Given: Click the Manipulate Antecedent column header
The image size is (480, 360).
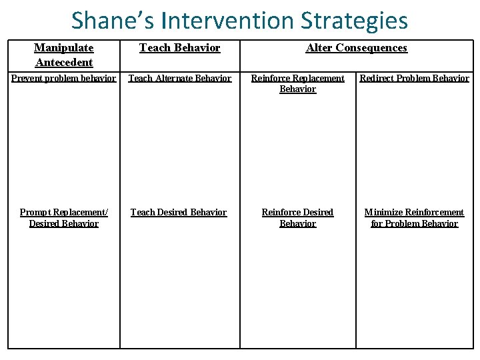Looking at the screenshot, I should pos(64,55).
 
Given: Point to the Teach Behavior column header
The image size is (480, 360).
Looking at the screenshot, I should pos(179,48).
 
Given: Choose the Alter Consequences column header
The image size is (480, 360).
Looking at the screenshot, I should pos(356,48).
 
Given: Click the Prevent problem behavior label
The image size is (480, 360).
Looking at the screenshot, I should pos(64,78).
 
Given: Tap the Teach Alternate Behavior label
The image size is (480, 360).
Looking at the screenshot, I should pos(179,78).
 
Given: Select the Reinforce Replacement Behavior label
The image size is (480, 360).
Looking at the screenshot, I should pos(297,83).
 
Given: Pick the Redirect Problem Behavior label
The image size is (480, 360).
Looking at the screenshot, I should pos(414,78).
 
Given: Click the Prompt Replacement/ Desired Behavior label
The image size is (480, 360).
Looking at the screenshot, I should pos(64,217).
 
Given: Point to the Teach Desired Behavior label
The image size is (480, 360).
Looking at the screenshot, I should pos(179,212).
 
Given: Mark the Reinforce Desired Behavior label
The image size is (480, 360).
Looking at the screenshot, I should pos(297,217).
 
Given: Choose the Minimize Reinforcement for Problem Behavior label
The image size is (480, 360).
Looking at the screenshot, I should pos(414,217).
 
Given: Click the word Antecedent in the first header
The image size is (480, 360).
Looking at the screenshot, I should pos(64,62).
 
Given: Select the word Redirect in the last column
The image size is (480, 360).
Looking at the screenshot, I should pos(377,78).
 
